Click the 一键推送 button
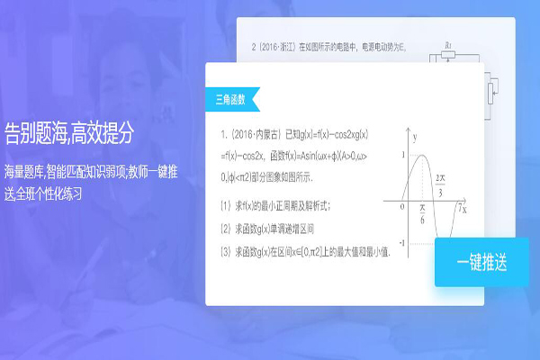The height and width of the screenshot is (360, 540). (x=481, y=263)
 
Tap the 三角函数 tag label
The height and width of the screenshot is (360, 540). (x=232, y=97)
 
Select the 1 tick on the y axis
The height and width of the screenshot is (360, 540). (x=403, y=156)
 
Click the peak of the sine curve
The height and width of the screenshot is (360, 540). (x=423, y=156)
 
